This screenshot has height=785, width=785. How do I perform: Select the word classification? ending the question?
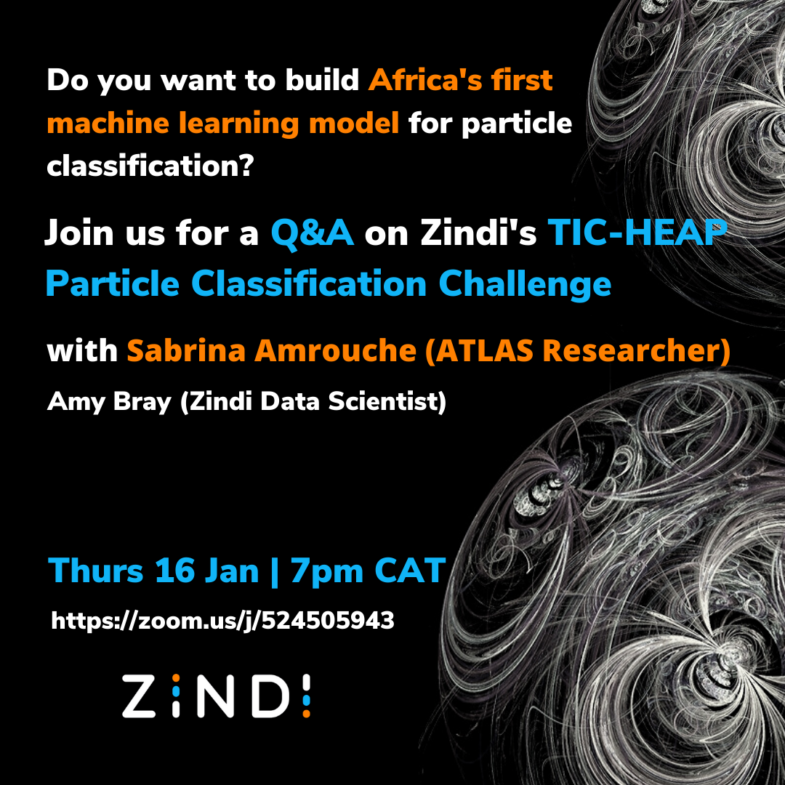coord(150,166)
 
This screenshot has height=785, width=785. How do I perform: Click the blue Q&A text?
coord(313,233)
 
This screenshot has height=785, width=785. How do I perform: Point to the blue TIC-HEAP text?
coord(637,233)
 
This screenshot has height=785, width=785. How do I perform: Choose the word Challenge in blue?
coord(525,284)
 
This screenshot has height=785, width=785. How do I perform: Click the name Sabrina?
coord(186,350)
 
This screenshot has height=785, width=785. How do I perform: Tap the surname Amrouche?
coord(335,350)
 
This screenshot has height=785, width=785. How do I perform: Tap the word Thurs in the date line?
coord(96,570)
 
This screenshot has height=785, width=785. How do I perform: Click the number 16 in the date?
coord(174,571)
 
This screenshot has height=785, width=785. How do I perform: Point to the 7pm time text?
coord(326,571)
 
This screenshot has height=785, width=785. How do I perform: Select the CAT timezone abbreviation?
coord(410,571)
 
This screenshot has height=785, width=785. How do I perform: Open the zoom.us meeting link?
coord(223,621)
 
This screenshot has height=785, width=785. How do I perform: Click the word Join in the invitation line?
coord(80,234)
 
